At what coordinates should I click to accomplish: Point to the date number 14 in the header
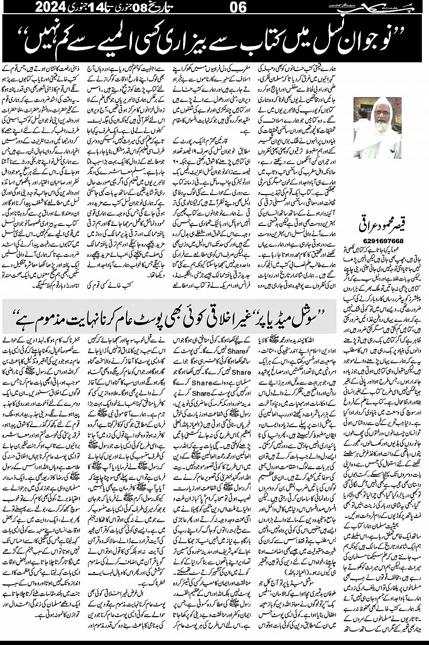(x=102, y=8)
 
